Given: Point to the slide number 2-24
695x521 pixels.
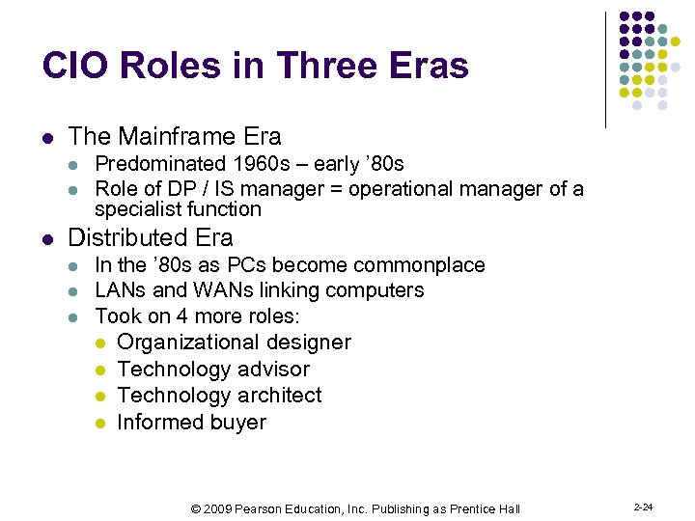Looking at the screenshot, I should coord(642,507).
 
